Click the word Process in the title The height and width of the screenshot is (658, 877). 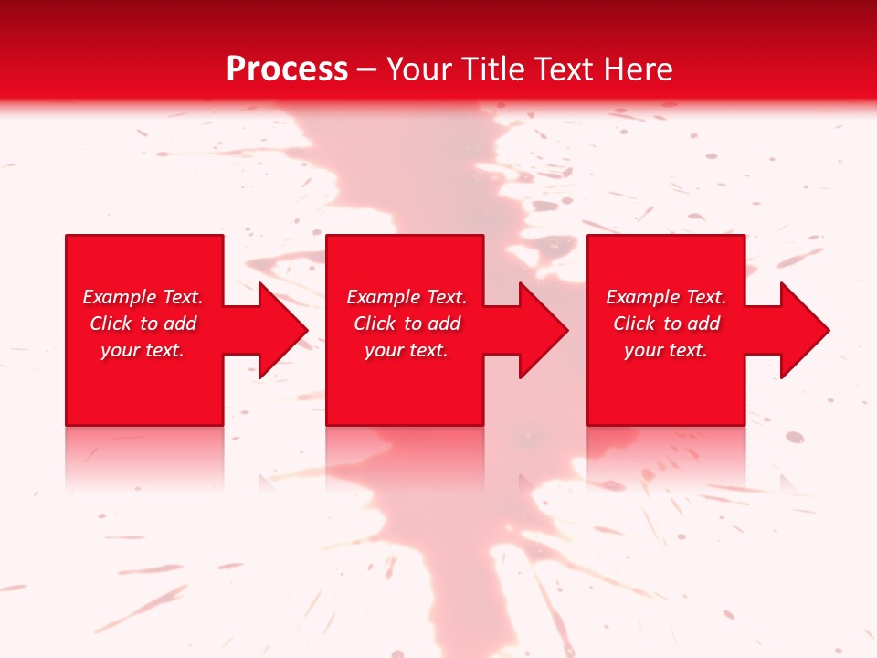pyautogui.click(x=287, y=69)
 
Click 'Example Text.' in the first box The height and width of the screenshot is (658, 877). pyautogui.click(x=143, y=297)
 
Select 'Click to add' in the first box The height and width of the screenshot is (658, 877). pyautogui.click(x=143, y=324)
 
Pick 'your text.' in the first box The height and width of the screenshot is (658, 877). pyautogui.click(x=143, y=350)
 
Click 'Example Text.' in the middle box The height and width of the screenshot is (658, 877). pyautogui.click(x=407, y=297)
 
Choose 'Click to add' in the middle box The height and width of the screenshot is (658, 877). pyautogui.click(x=407, y=324)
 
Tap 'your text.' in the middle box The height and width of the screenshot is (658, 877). pyautogui.click(x=407, y=350)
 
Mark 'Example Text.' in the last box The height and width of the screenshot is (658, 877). pyautogui.click(x=666, y=297)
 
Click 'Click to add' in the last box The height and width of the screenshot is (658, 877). pyautogui.click(x=666, y=324)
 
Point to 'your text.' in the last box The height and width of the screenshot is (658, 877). pyautogui.click(x=666, y=350)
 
